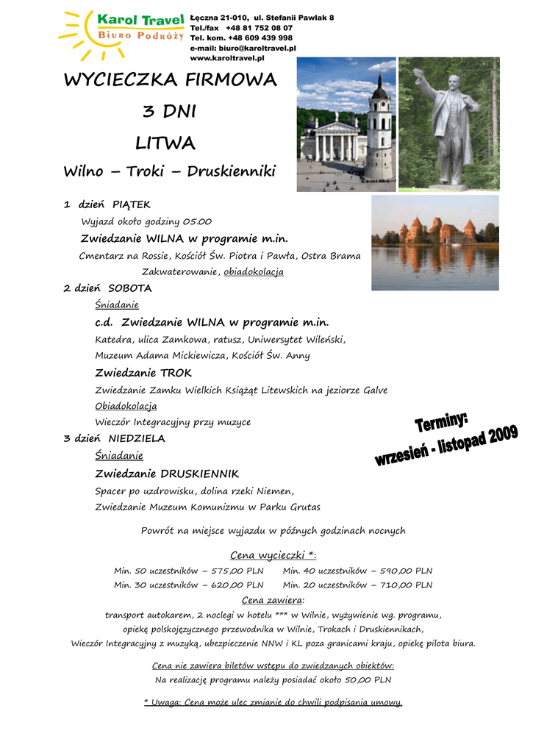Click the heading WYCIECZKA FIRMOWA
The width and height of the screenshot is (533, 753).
[170, 80]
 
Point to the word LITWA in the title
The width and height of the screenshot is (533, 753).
[165, 142]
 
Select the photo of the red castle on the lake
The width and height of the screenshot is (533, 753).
[434, 242]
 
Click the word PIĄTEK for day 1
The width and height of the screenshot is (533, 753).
[131, 204]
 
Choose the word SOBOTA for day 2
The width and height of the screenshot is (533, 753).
[129, 288]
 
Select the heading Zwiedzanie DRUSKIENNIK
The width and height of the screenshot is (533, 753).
[167, 474]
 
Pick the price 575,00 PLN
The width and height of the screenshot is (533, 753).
[237, 571]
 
